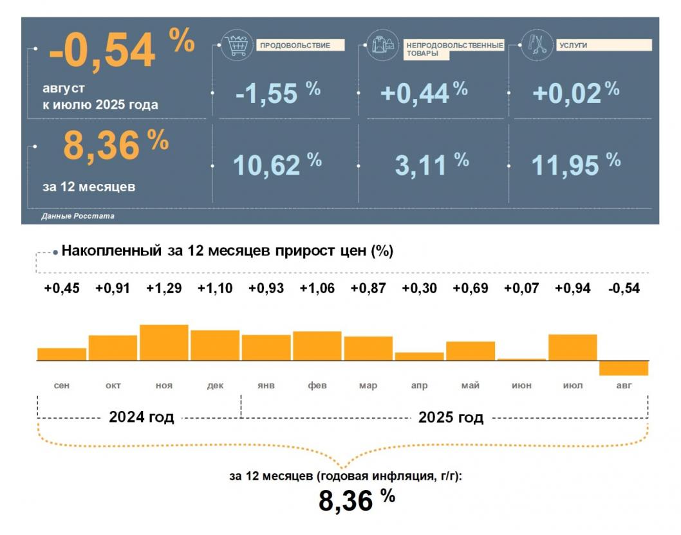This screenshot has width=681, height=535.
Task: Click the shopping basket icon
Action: [x=236, y=45]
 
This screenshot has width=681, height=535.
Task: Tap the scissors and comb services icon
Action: [x=536, y=45]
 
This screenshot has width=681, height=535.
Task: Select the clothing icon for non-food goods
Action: [x=383, y=46]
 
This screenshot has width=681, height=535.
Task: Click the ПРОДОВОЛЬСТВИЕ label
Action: [x=301, y=45]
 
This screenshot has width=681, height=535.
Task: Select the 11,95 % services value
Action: [x=575, y=165]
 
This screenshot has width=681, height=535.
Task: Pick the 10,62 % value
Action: [x=277, y=165]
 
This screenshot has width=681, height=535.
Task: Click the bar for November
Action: [x=164, y=343]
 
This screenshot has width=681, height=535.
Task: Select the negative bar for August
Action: [x=624, y=368]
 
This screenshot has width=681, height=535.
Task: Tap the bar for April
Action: [x=419, y=356]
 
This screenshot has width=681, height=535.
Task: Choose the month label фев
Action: [x=317, y=385]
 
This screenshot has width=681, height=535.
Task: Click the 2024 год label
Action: [x=142, y=417]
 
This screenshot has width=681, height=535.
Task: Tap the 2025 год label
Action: [x=451, y=417]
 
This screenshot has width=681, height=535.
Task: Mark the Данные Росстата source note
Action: [x=78, y=216]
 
